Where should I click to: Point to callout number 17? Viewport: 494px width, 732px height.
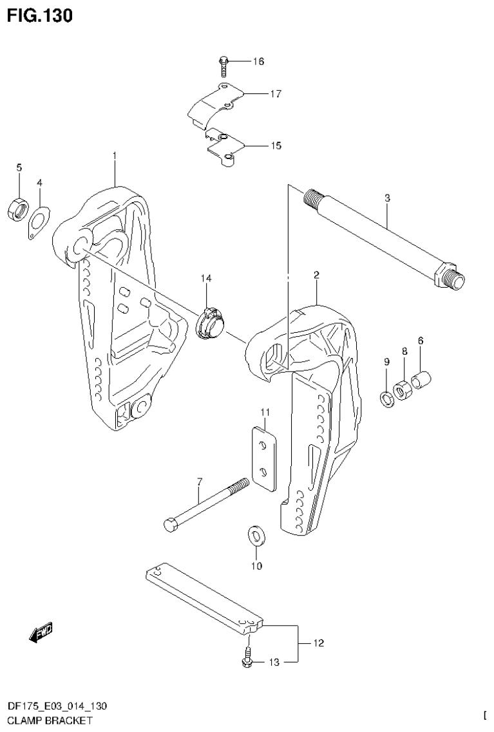point(276,94)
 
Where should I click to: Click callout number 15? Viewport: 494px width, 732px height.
point(276,145)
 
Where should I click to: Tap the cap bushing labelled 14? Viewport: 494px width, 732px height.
point(210,322)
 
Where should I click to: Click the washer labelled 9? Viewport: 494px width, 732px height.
point(386,399)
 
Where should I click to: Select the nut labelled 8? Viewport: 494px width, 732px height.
point(403,390)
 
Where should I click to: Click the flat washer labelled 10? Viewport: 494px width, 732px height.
point(256,536)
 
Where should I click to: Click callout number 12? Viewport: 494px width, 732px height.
point(318,643)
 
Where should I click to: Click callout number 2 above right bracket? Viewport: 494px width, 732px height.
point(317,275)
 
